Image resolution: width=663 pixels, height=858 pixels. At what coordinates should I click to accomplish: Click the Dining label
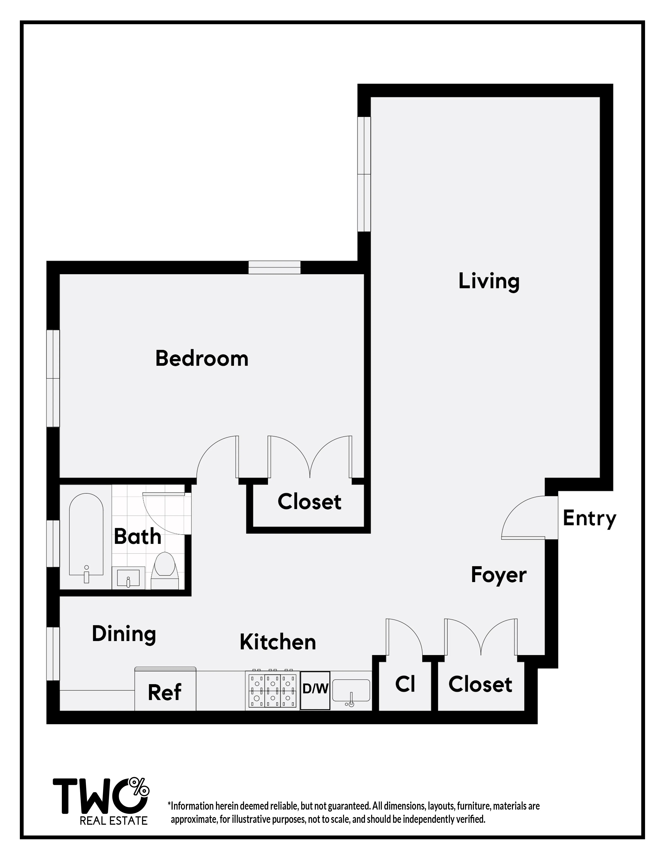coord(124,634)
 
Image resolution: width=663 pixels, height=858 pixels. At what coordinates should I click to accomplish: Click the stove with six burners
coord(273,690)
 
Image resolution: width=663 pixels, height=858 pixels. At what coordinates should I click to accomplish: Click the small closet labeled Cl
coord(405,684)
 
